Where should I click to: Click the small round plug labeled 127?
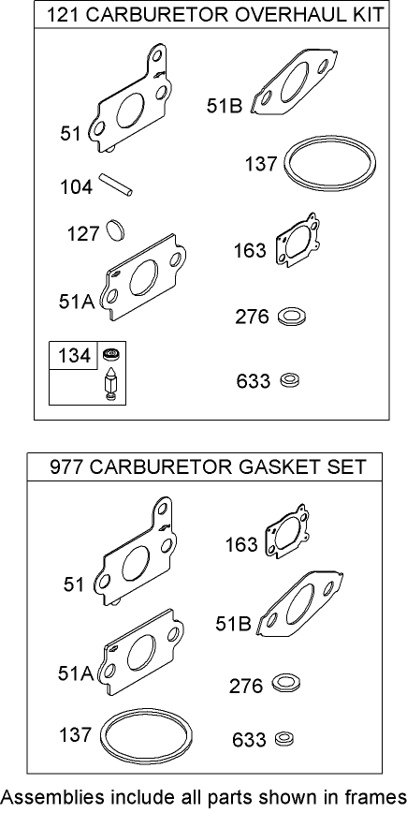click(115, 229)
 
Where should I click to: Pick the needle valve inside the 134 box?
click(110, 384)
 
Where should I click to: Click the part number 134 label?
click(74, 356)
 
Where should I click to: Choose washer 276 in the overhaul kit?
click(294, 316)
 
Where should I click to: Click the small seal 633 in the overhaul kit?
click(289, 380)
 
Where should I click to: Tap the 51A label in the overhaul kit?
click(76, 302)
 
